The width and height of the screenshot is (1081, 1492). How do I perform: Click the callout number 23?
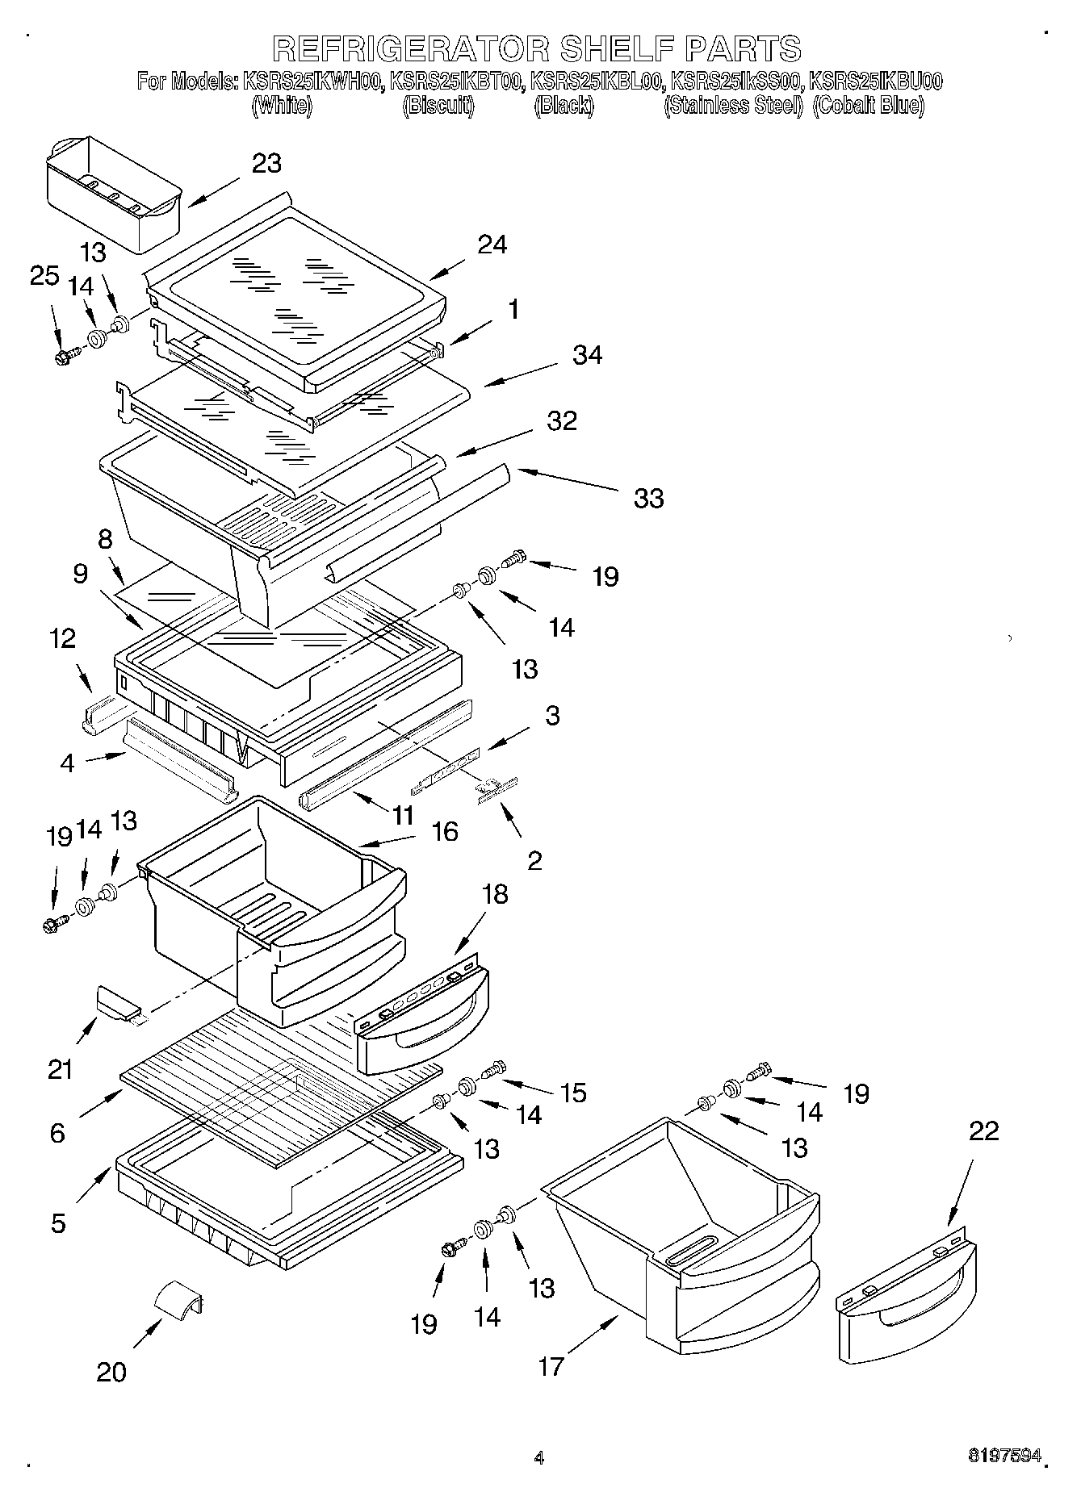266,163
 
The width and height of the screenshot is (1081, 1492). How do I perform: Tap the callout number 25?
44,276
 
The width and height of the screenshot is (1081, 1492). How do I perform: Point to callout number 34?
587,355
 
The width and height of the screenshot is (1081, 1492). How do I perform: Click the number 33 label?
648,499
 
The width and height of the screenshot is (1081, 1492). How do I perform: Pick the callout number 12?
63,638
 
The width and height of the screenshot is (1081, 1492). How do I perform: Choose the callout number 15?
574,1093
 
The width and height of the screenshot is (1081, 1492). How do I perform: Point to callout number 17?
551,1367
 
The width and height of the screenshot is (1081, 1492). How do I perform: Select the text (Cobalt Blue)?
869,106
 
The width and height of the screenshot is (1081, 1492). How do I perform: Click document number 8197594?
1005,1456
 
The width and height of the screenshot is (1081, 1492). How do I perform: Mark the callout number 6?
57,1133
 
